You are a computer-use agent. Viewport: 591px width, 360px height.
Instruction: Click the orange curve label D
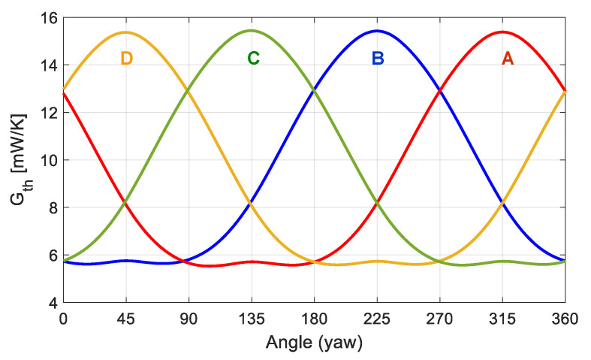click(126, 59)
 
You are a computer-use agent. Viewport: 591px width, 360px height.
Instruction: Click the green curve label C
click(253, 59)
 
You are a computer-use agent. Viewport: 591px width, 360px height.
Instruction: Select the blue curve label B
click(378, 59)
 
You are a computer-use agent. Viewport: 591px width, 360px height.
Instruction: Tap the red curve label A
click(508, 59)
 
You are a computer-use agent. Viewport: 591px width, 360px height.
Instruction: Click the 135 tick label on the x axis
click(252, 319)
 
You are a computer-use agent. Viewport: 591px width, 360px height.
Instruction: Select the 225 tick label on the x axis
click(377, 319)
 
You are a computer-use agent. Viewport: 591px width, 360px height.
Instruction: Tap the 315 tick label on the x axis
click(502, 319)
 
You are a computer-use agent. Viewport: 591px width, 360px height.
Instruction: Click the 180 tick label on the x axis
click(315, 319)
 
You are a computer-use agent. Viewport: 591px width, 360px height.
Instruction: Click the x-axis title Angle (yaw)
click(314, 343)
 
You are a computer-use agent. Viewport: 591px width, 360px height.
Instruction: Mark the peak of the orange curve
click(125, 32)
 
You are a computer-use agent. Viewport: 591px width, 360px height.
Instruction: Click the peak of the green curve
click(251, 31)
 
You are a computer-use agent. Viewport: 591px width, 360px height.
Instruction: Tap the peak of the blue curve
click(376, 31)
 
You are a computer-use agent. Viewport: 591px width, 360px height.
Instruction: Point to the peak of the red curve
click(502, 32)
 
